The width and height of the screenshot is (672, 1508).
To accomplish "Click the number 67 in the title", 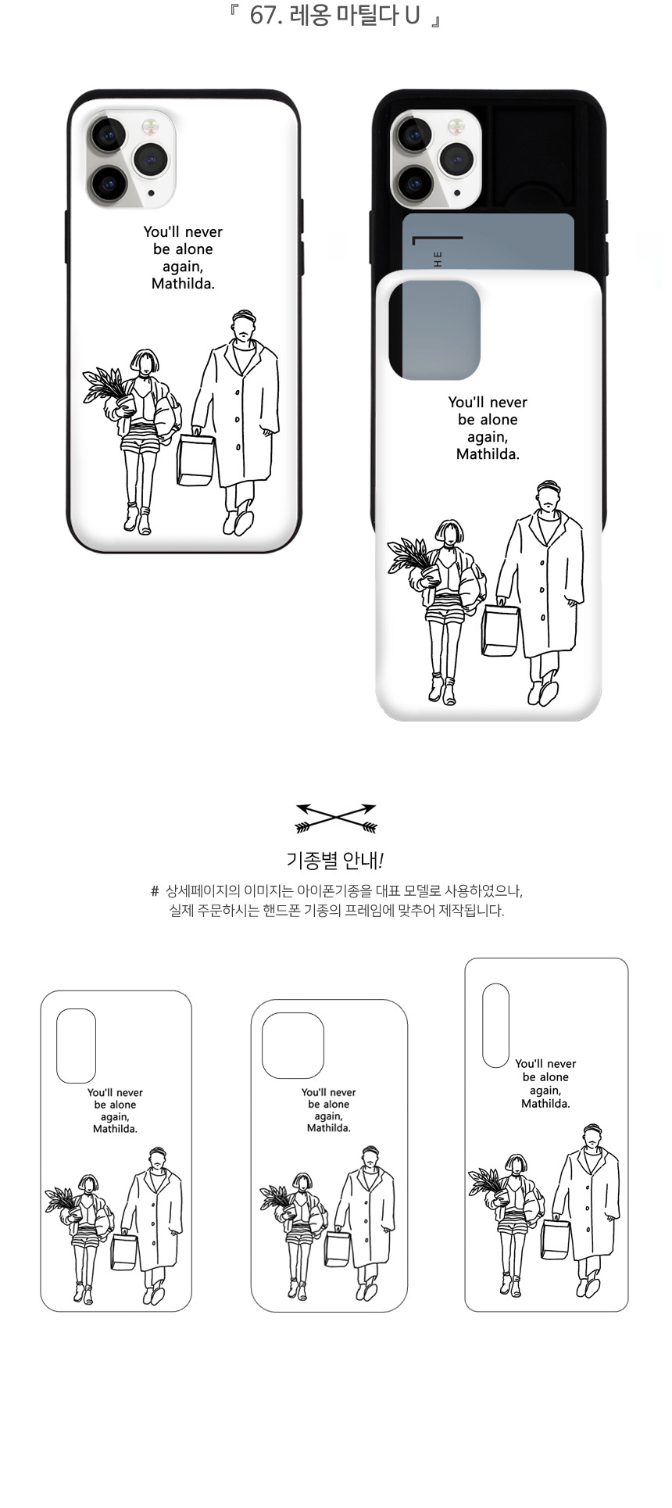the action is [x=262, y=16].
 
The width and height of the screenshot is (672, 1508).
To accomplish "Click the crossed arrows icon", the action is [x=336, y=818].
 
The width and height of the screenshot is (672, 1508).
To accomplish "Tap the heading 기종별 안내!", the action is [x=335, y=861].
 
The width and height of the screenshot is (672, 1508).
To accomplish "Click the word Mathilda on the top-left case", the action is [x=183, y=284].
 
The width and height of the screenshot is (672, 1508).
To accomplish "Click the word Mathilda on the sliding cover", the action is [x=488, y=454].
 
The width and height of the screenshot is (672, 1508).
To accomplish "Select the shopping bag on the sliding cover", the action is [x=500, y=629].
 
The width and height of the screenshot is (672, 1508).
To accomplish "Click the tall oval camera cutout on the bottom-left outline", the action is [x=76, y=1046].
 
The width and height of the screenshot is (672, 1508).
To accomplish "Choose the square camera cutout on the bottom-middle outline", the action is [x=293, y=1046].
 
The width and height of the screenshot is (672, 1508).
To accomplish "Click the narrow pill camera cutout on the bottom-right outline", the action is [x=495, y=1026].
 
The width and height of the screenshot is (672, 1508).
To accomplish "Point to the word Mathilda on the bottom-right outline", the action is [x=545, y=1104].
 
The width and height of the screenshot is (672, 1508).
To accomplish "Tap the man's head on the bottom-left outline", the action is [x=158, y=1159].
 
